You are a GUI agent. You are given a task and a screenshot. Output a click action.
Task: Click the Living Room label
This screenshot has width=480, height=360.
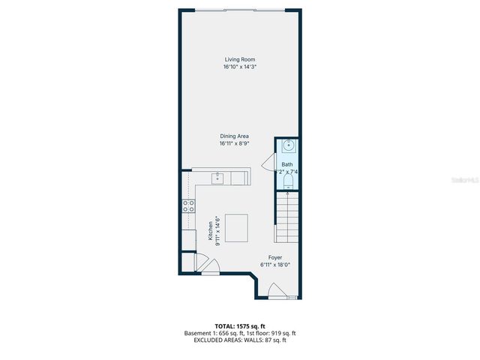point(239,59)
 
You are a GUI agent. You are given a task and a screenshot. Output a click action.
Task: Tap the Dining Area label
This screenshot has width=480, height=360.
point(239,136)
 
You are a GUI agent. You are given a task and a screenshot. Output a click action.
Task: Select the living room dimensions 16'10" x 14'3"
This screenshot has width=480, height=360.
point(239,67)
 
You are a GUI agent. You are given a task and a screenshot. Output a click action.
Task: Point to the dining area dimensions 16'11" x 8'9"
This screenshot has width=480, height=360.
point(239,143)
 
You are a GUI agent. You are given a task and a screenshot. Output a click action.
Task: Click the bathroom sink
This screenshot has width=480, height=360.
point(287,147)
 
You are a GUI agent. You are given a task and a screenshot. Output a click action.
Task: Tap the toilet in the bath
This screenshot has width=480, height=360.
point(287,184)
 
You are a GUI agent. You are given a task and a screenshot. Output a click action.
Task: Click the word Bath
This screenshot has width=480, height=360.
point(287,164)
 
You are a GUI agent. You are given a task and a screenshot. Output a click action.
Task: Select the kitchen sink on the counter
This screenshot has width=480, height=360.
point(218,178)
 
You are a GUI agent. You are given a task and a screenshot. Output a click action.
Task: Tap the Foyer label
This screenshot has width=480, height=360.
point(275,257)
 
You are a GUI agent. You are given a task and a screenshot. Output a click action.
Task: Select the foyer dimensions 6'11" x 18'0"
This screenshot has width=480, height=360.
point(275,265)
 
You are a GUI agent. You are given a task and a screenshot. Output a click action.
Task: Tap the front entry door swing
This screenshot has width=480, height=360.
point(277,290)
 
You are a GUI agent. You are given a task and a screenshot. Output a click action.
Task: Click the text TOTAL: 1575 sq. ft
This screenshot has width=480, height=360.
point(239,325)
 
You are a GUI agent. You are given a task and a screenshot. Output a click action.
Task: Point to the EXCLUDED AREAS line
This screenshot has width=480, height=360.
point(239,340)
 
